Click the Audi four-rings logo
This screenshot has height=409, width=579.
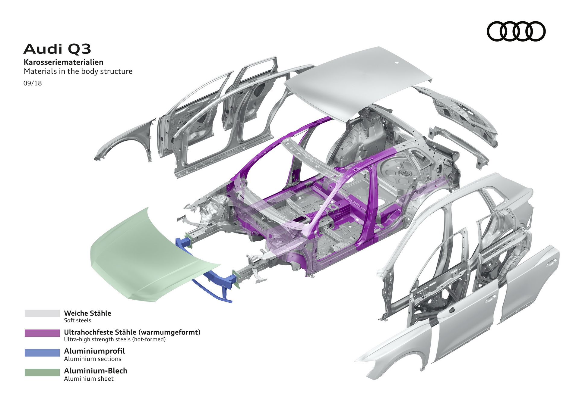(516, 31)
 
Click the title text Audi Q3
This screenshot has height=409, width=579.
(57, 49)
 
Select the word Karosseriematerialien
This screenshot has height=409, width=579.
(64, 62)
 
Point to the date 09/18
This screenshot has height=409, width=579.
(33, 83)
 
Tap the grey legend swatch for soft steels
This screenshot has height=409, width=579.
(42, 313)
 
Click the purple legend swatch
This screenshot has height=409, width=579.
(42, 333)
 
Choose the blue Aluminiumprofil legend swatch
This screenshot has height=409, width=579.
(42, 353)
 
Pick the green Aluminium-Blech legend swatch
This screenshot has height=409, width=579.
(42, 372)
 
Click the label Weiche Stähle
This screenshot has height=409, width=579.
(87, 313)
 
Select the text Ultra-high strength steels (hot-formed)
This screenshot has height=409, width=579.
(115, 339)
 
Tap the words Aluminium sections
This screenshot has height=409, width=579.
(93, 359)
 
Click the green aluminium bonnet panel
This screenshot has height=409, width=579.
(145, 256)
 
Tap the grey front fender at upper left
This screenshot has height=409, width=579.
(127, 136)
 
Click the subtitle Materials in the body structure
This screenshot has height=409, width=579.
(78, 71)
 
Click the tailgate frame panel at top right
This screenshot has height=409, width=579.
(461, 114)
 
